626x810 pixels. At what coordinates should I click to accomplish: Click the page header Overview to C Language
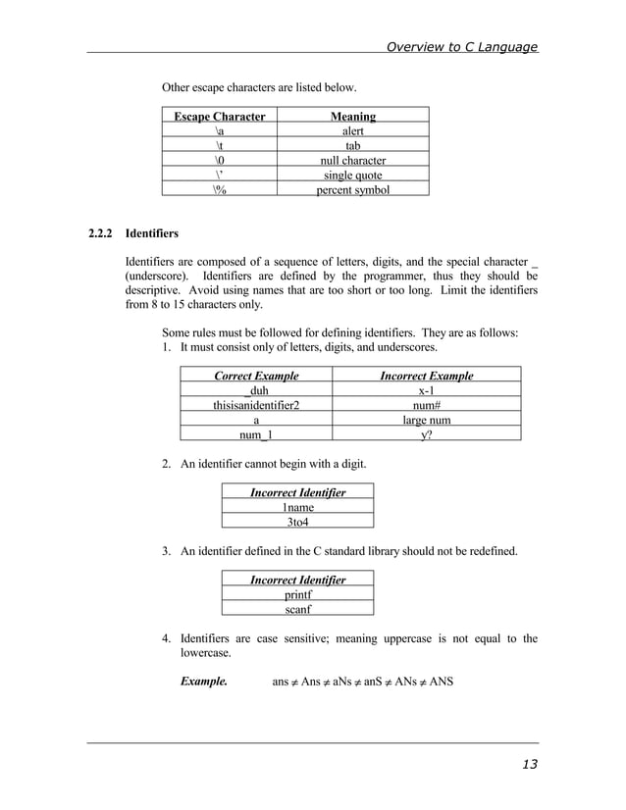(461, 46)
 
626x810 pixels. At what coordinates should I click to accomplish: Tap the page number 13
(529, 765)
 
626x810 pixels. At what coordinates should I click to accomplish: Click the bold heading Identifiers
(152, 234)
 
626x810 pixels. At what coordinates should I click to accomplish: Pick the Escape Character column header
(220, 117)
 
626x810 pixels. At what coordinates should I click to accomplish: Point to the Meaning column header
(352, 117)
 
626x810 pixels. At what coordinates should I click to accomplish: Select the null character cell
(353, 160)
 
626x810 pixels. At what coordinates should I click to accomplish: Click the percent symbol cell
(352, 189)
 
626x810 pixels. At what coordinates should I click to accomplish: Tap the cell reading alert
(353, 131)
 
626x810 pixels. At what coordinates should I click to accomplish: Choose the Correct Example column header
(256, 376)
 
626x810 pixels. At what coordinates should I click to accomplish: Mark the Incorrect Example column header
(426, 376)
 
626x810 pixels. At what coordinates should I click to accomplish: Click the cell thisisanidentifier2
(257, 405)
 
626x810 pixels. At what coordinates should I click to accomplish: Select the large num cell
(426, 421)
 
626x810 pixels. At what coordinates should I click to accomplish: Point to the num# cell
(426, 405)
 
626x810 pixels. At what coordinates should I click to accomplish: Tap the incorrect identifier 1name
(298, 507)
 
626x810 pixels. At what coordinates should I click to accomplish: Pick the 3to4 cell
(298, 523)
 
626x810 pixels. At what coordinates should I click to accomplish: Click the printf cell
(298, 594)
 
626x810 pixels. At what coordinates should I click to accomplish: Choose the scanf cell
(298, 609)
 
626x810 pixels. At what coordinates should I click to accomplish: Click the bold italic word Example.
(204, 680)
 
